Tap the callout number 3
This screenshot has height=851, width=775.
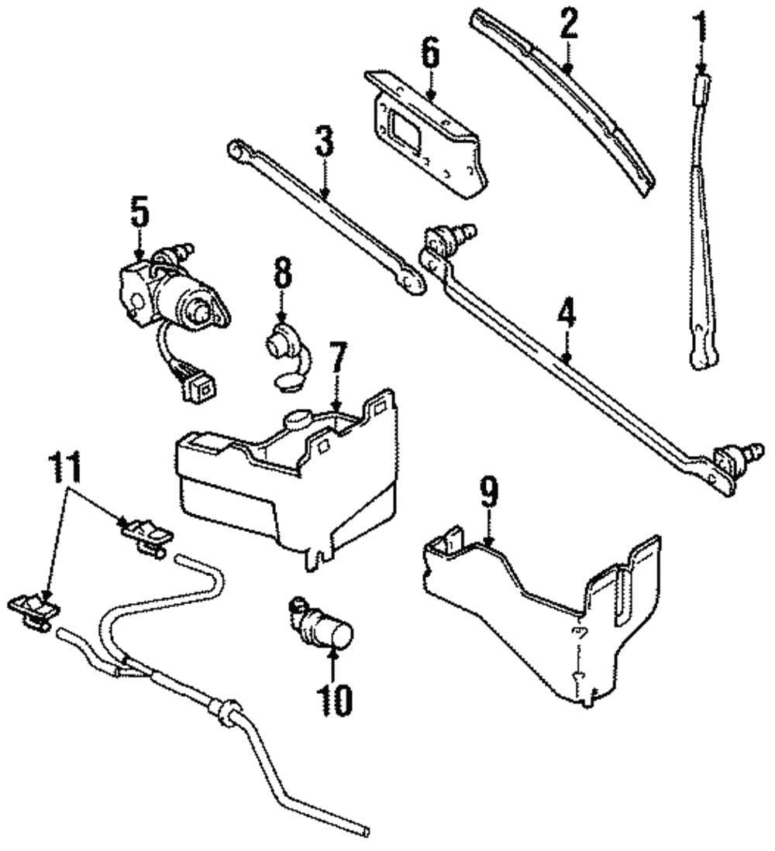click(x=324, y=142)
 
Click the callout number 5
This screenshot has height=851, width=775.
click(x=139, y=212)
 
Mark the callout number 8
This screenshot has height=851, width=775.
click(x=282, y=273)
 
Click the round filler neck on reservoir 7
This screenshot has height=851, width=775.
click(x=297, y=420)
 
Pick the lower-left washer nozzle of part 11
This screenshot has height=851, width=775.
click(x=32, y=609)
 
